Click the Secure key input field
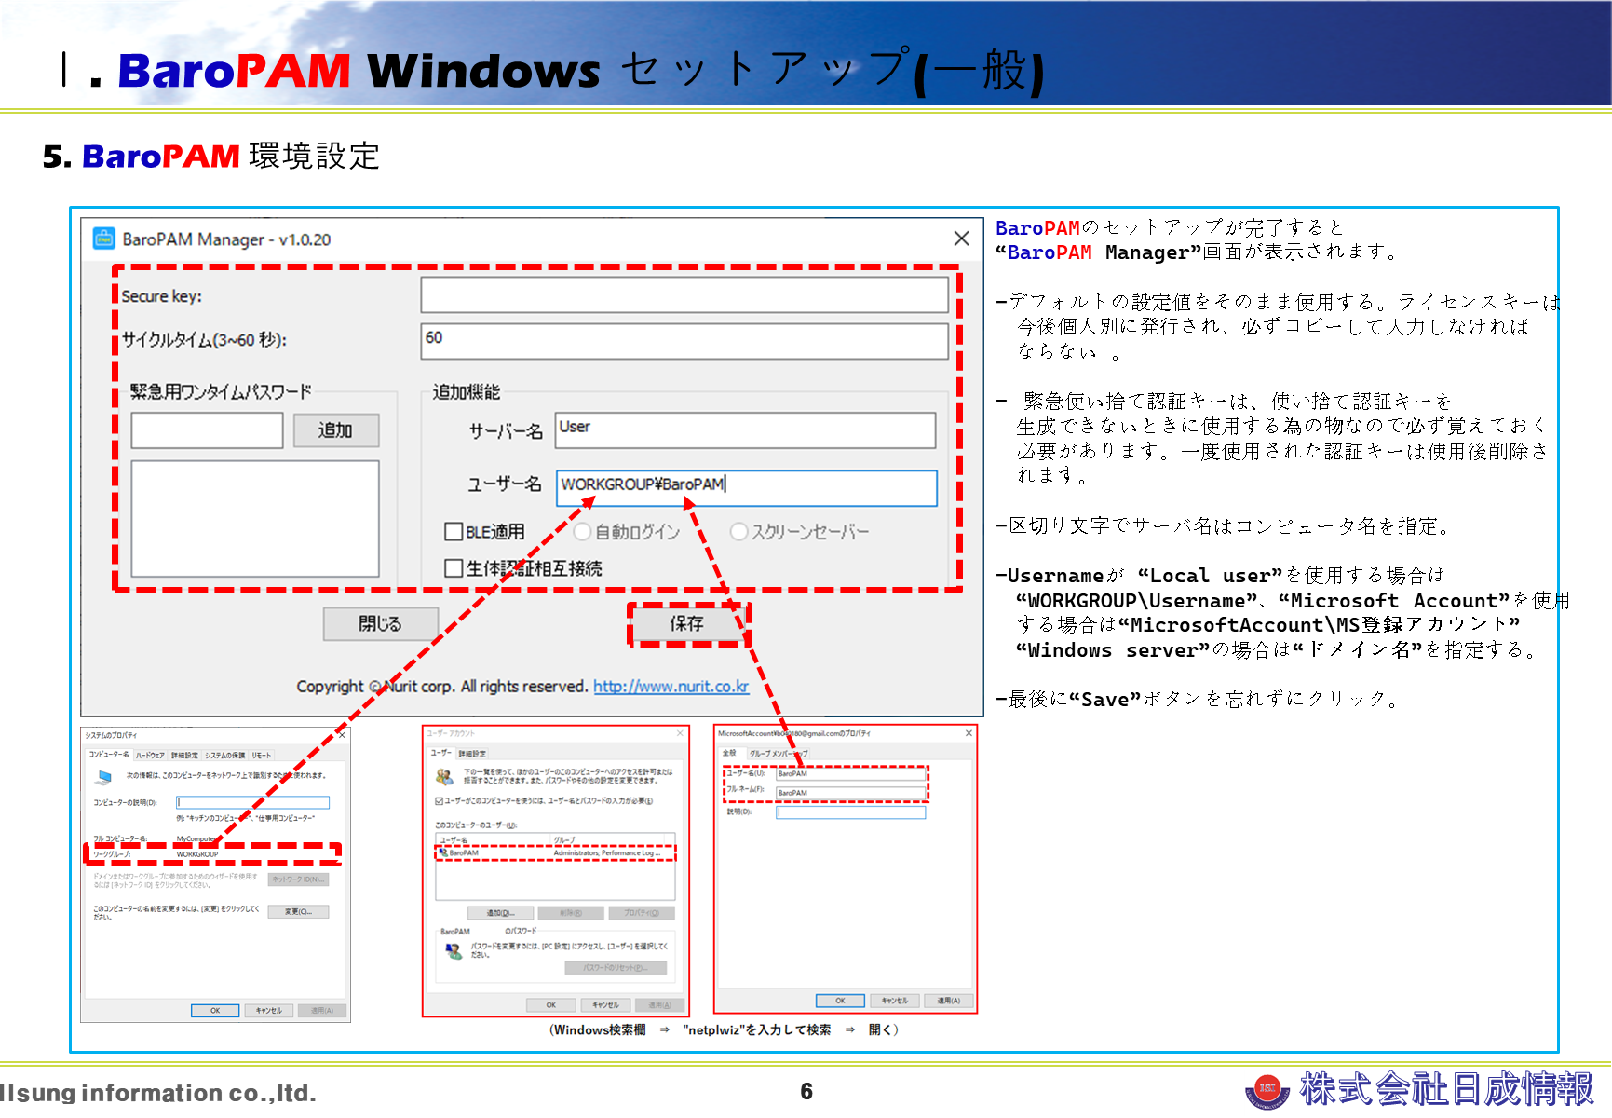tap(684, 295)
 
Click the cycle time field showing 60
tap(684, 340)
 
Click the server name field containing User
tap(745, 429)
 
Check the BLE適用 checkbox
tap(454, 532)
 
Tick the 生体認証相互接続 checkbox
tap(454, 568)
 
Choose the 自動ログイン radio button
tap(583, 532)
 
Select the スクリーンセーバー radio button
tap(739, 532)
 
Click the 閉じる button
tap(380, 623)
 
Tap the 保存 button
tap(687, 623)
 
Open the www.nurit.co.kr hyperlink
tap(671, 687)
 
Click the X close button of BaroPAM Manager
tap(961, 239)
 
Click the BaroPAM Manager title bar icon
tap(103, 239)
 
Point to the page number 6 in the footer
tap(806, 1091)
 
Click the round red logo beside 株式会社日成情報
tap(1267, 1088)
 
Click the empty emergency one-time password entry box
tap(207, 430)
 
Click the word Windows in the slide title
tap(484, 72)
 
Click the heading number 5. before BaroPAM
tap(57, 157)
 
